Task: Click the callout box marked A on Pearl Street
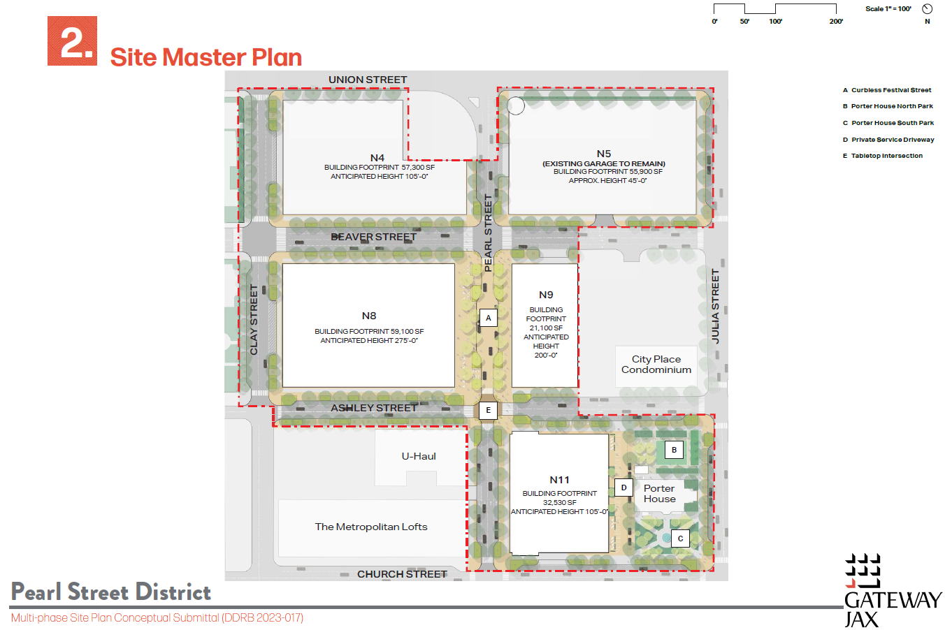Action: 489,318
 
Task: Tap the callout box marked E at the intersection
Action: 488,410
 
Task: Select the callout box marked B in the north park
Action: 674,450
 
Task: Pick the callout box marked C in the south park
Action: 680,539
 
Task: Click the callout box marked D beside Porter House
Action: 623,488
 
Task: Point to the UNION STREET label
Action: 368,80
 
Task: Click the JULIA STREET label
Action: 715,307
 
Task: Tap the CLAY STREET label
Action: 254,319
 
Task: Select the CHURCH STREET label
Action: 402,574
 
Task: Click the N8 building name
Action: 369,316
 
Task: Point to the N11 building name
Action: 559,480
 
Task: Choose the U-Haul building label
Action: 419,456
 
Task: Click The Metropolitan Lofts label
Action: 371,527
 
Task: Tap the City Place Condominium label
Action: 656,365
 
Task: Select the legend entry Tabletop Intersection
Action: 883,156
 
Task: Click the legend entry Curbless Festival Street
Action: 887,90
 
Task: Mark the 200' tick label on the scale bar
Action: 836,21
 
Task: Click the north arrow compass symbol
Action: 928,9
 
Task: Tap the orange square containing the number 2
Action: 72,41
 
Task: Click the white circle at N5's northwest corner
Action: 516,105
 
